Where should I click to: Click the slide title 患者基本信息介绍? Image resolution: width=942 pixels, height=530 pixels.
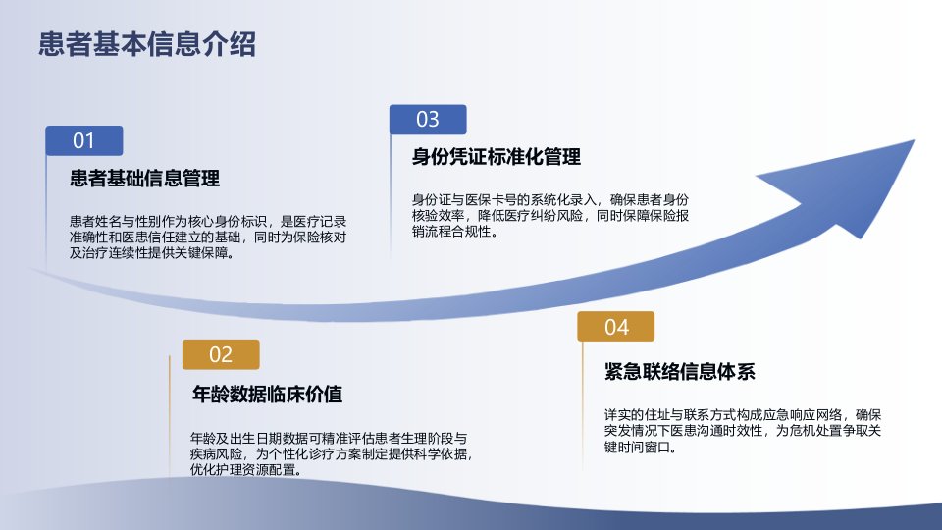click(147, 44)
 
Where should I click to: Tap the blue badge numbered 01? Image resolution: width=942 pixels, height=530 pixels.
click(84, 140)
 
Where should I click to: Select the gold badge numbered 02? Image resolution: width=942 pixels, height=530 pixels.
click(221, 354)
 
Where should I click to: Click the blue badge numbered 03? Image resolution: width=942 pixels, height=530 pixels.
click(428, 119)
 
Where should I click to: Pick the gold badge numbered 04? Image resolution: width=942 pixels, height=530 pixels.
click(616, 327)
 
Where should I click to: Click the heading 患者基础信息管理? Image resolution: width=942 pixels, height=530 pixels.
click(145, 179)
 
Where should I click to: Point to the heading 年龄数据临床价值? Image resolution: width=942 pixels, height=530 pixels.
click(267, 395)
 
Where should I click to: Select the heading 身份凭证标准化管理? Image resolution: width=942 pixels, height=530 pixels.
click(497, 157)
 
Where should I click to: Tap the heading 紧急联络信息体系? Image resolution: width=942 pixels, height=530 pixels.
click(679, 371)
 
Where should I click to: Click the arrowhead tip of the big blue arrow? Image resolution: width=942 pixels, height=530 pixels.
click(914, 140)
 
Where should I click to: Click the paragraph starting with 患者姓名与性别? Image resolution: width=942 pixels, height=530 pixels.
click(208, 238)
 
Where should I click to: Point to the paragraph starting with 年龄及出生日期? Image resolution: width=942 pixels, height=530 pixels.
click(332, 453)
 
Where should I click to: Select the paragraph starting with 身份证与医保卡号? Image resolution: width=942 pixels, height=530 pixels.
click(550, 216)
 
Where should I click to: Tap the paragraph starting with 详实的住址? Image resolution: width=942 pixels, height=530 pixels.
click(743, 431)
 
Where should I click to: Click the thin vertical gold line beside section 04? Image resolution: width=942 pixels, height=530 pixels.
click(582, 405)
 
